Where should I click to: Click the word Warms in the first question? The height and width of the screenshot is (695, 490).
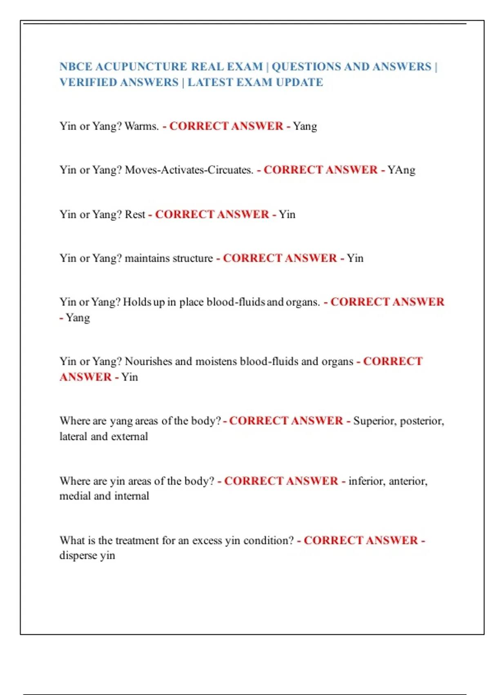(x=141, y=126)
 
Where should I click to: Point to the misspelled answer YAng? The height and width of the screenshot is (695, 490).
(x=401, y=170)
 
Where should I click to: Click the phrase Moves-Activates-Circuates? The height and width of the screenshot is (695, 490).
(x=189, y=170)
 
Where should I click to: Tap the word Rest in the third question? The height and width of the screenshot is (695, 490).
(x=135, y=214)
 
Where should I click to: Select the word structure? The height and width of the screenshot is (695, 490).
(x=193, y=258)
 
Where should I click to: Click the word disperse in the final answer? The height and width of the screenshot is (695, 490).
(x=78, y=556)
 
